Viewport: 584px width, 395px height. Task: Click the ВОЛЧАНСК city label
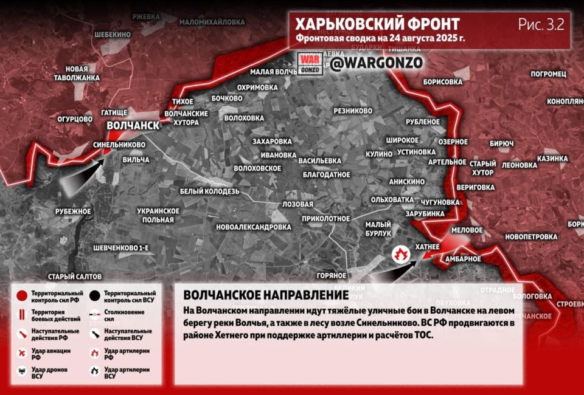tap(133, 125)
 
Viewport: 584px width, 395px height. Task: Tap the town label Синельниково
tap(119, 145)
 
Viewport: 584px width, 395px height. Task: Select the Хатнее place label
tap(426, 247)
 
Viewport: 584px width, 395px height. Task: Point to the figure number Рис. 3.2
tap(541, 25)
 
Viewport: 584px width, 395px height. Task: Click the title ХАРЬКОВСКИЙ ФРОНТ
tap(377, 25)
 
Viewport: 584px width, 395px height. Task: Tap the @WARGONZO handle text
tap(377, 63)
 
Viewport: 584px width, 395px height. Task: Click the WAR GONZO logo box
tap(310, 63)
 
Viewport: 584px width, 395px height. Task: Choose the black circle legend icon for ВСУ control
tap(94, 296)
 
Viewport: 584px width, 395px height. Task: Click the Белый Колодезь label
tap(210, 191)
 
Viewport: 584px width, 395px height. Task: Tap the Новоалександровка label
tap(254, 227)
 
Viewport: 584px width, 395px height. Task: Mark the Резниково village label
tap(353, 111)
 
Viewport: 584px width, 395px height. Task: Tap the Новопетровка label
tap(531, 236)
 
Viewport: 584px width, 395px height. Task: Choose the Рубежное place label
tap(73, 211)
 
